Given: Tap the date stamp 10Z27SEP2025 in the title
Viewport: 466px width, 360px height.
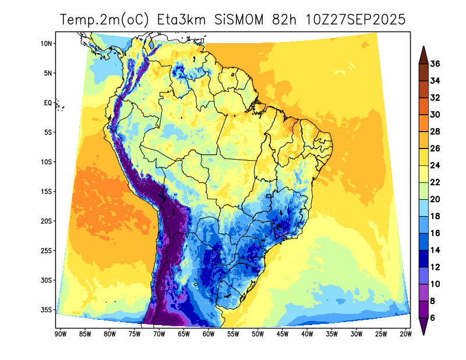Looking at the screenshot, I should click(x=355, y=20).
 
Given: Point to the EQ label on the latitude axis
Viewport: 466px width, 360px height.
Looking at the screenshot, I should click(x=48, y=103).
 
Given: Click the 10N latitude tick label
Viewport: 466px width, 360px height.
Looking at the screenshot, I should click(x=47, y=44).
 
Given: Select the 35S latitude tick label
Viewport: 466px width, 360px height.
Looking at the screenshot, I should click(x=47, y=310).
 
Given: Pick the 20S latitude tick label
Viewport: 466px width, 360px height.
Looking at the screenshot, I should click(x=47, y=221).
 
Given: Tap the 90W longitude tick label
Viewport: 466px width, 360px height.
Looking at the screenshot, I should click(x=59, y=334).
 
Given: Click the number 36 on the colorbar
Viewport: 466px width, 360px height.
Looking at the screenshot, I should click(x=435, y=63).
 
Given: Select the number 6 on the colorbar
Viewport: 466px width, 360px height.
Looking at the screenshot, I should click(x=433, y=318).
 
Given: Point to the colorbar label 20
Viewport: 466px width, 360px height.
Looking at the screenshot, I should click(x=435, y=199).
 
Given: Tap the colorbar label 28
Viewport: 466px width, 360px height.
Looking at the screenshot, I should click(x=435, y=132).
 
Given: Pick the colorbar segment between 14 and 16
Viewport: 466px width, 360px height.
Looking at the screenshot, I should click(x=423, y=242).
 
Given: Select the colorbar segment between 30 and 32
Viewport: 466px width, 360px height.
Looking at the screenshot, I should click(x=423, y=106).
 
